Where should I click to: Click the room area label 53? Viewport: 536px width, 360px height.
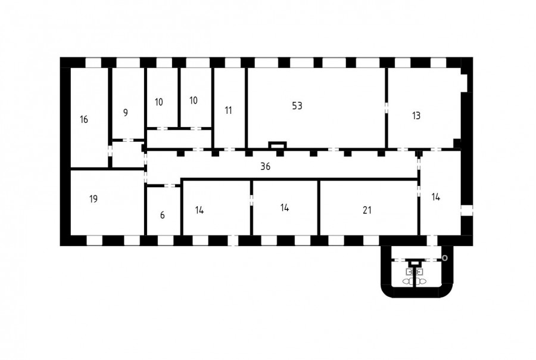coord(297,105)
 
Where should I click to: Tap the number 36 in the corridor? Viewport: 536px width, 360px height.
coord(265,167)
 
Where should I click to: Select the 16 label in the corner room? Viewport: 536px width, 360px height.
coord(84,119)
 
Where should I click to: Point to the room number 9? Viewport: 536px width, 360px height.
coord(126,113)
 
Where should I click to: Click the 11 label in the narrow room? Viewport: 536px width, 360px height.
coord(228,110)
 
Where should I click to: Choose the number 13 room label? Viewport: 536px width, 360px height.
coord(416,116)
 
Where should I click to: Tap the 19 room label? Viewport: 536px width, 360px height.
coord(94,199)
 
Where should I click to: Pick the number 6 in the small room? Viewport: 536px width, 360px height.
coord(163,215)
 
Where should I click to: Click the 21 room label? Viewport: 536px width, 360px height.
coord(367,210)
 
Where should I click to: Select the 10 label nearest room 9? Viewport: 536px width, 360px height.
coord(158,102)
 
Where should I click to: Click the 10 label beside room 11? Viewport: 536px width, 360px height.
coord(193,100)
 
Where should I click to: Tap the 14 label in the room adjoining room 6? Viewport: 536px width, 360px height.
coord(200,210)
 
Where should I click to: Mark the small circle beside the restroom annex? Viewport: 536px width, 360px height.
coord(445,258)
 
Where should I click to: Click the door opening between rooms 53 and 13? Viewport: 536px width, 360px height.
coord(387,107)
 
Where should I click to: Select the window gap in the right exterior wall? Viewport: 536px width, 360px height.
coord(466,210)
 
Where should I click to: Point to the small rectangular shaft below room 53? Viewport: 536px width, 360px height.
coord(277,145)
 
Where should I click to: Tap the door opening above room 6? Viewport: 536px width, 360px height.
coord(170,186)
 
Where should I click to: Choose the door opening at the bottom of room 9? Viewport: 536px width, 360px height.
coord(128,140)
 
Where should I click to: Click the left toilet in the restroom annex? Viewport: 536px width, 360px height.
coord(408,282)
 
